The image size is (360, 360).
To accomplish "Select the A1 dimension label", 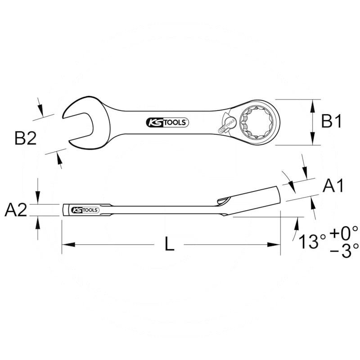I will point(334,185).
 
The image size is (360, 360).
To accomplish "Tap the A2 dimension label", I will point(16,210).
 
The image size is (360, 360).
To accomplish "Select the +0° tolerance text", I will point(344,233).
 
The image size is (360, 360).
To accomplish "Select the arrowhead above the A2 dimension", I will point(39,200).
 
